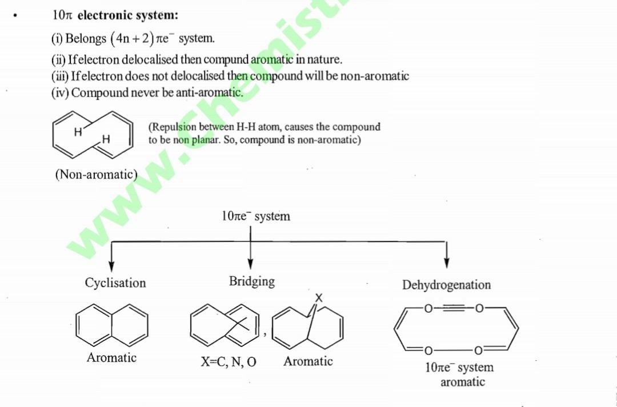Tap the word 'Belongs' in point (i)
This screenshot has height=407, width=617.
pos(86,39)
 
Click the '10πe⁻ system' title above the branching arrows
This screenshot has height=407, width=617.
pos(255,216)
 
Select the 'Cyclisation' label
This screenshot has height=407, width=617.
pos(115,283)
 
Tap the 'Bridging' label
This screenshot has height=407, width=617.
pos(252,281)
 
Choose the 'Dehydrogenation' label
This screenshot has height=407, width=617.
pos(446,285)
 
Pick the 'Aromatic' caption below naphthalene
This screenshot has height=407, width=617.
pos(111,358)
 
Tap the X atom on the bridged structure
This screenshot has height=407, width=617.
pos(319,298)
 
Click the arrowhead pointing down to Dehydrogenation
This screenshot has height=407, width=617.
pos(446,262)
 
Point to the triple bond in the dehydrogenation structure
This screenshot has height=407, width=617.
pos(455,309)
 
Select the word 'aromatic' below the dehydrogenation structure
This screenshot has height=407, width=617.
pos(462,382)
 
